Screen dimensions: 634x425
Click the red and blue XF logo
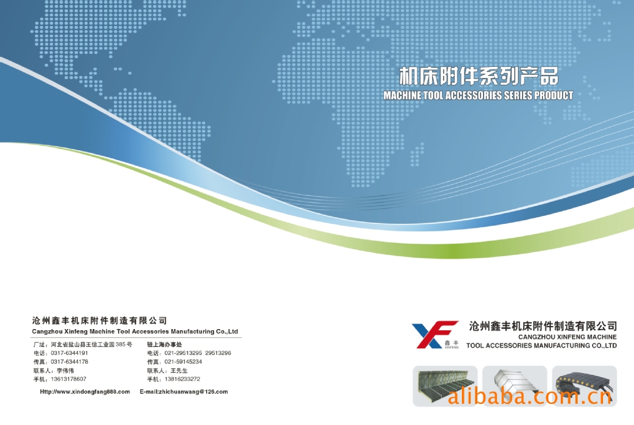435,335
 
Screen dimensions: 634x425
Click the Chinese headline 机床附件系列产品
479,76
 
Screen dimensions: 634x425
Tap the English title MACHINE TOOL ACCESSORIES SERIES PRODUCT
479,95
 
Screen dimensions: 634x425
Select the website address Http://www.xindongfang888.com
85,392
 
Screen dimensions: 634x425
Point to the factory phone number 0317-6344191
69,353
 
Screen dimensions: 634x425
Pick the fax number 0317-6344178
69,361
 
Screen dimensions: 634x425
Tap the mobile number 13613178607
68,379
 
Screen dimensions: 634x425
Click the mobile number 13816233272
183,379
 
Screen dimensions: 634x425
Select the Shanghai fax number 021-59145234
183,361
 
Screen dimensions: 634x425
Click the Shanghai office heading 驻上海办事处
165,345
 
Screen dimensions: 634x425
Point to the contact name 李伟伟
65,371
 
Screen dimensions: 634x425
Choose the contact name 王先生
179,371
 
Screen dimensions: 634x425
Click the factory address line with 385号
83,345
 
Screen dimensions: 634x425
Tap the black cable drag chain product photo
584,386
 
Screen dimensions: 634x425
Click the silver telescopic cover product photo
515,386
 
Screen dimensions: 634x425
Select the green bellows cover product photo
445,386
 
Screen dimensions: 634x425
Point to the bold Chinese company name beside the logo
543,326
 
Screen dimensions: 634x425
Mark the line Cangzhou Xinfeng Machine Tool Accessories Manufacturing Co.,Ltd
135,332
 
